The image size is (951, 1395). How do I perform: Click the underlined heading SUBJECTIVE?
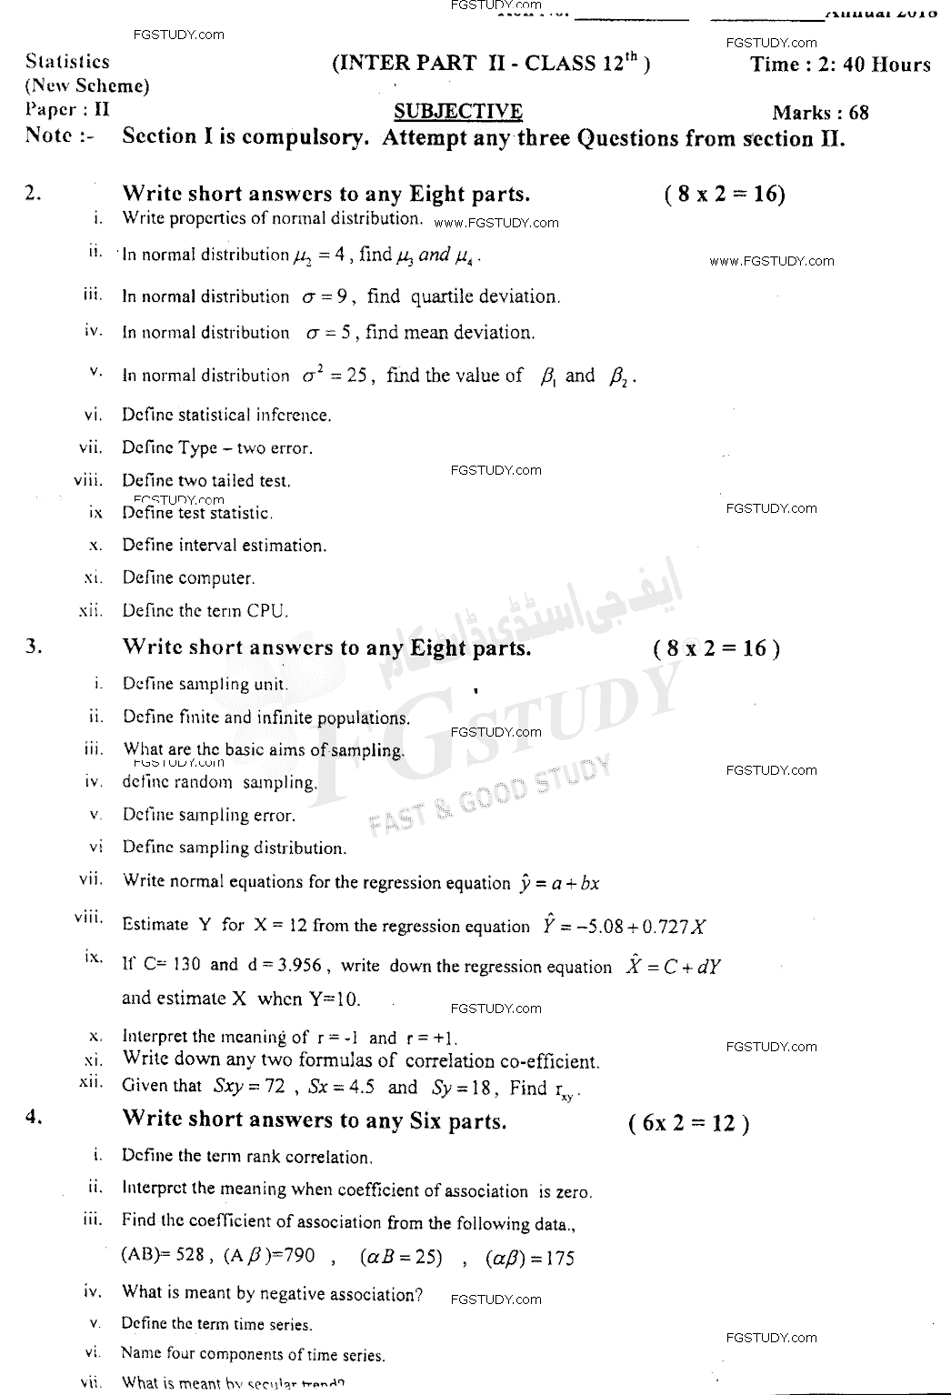pos(458,112)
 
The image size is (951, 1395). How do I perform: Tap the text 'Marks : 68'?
pos(820,113)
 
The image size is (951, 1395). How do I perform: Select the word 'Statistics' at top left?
pos(68,62)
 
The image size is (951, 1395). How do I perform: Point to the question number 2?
pos(33,193)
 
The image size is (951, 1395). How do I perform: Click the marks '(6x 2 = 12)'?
pos(688,1123)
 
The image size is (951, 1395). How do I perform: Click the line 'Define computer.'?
pos(188,577)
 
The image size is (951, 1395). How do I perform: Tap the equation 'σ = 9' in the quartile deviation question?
pos(327,296)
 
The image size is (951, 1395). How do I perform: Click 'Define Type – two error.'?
pos(217,447)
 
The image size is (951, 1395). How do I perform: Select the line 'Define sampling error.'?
pos(209,815)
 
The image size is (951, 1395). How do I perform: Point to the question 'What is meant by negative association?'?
pos(272,1293)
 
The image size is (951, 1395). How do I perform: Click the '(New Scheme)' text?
pos(87,86)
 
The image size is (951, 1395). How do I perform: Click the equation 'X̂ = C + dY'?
pos(673,967)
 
